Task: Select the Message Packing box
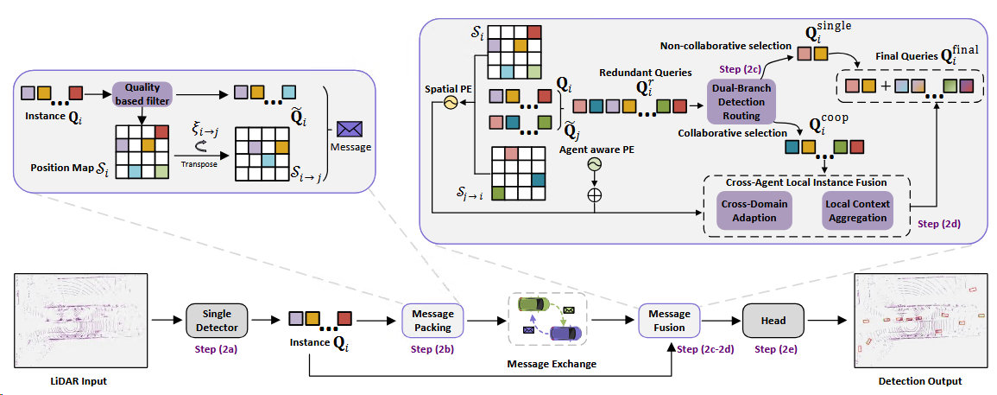[x=433, y=319]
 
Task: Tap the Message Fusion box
[x=668, y=321]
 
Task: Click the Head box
[x=773, y=321]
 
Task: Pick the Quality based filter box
[x=142, y=92]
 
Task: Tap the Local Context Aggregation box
[x=855, y=211]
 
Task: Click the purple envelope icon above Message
[x=350, y=128]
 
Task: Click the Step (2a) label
[x=217, y=348]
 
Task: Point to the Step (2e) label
[x=773, y=348]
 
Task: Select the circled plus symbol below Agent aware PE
[x=594, y=195]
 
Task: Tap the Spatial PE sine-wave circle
[x=450, y=102]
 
